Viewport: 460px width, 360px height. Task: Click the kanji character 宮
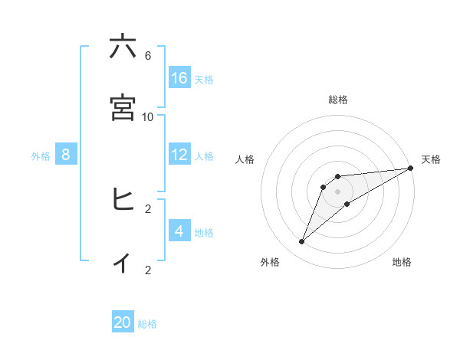pos(123,108)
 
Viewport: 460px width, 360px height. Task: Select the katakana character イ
pos(123,261)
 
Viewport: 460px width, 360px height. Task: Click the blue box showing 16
pos(179,78)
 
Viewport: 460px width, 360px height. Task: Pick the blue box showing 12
pos(179,155)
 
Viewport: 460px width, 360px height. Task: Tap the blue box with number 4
pos(179,231)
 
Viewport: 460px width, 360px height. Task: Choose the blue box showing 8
pos(66,155)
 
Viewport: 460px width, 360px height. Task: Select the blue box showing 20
pos(123,322)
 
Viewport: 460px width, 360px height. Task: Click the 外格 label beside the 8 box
pos(41,155)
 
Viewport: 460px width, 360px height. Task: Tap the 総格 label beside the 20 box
pos(148,324)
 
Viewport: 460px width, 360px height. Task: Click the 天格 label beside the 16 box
pos(204,79)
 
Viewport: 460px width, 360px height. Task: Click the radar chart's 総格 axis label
pos(338,100)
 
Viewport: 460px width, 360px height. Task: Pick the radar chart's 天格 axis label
pos(431,159)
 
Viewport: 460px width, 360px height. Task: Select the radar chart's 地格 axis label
pos(402,262)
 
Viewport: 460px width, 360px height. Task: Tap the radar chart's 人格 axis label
pos(245,159)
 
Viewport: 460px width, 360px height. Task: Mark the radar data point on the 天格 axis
pos(410,168)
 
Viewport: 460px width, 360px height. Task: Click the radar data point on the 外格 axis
pos(302,242)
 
